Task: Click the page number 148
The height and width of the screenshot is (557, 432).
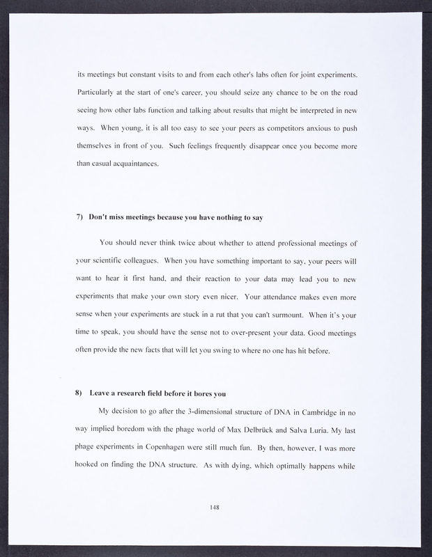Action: click(215, 507)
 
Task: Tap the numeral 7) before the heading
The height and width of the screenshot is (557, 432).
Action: click(79, 217)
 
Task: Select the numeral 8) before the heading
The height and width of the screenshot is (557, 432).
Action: click(79, 393)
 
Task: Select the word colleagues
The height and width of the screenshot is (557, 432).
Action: click(144, 260)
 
